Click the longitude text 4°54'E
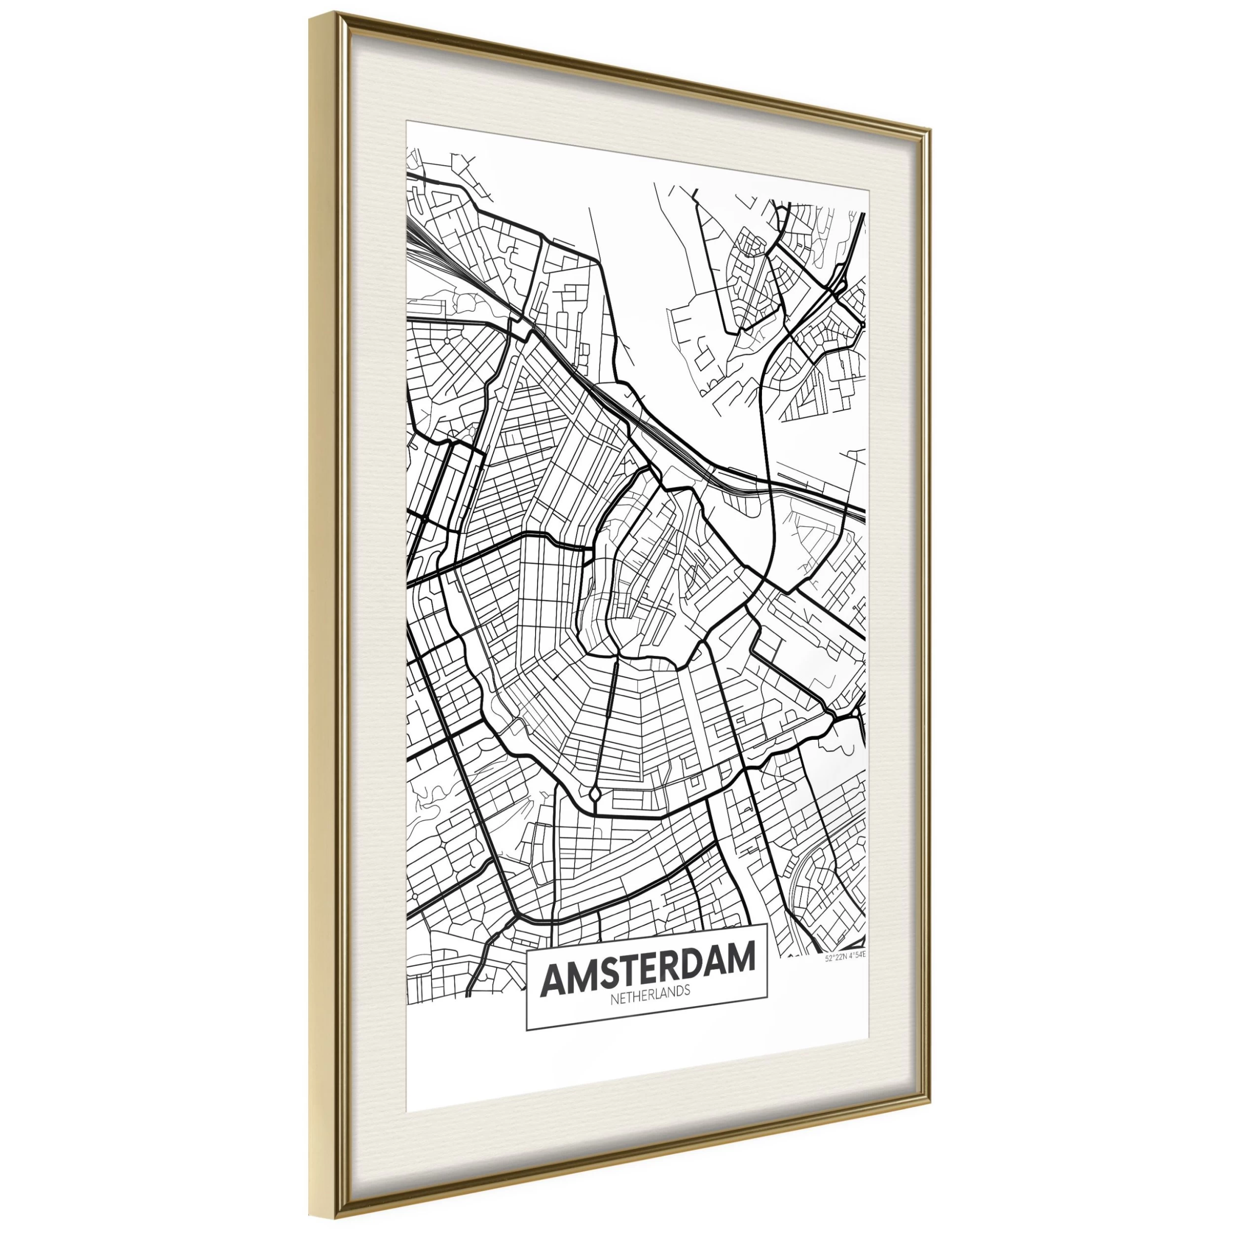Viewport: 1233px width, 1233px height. [856, 955]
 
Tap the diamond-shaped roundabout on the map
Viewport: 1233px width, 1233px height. [595, 795]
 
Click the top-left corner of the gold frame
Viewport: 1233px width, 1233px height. [311, 14]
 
